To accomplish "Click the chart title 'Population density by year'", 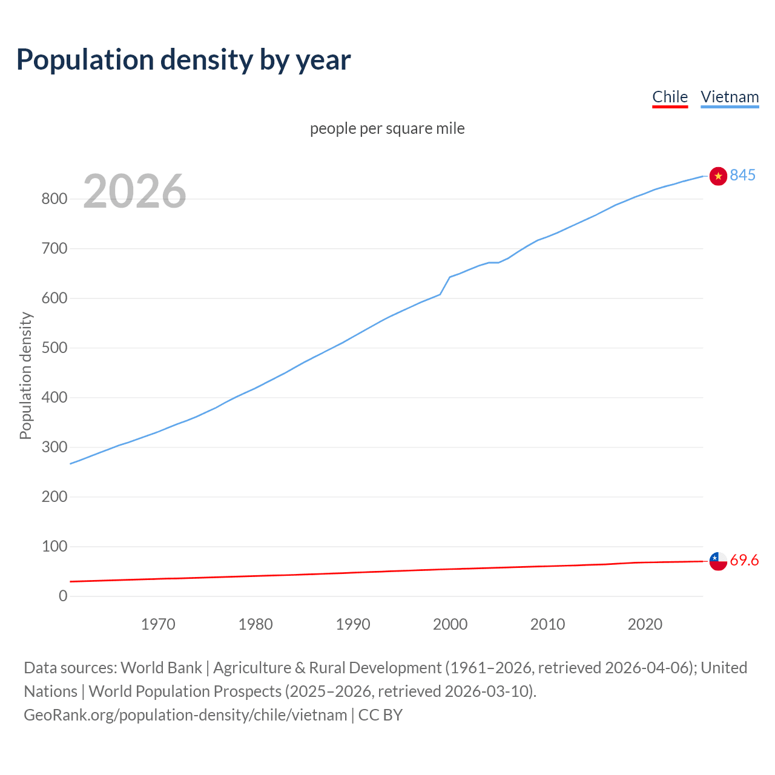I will point(183,60).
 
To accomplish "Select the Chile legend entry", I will point(670,97).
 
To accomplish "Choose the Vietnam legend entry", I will point(730,97).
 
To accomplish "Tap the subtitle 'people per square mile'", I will point(387,129).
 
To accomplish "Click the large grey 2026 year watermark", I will point(134,191).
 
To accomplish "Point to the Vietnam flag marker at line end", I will point(718,176).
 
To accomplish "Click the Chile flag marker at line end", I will point(718,561).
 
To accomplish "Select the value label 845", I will point(743,176).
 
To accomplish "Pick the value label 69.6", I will point(744,561).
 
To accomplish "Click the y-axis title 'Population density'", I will point(25,375).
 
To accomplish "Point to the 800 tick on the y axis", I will point(54,199).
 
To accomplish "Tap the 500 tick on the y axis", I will point(54,348).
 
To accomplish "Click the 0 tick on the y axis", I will point(63,596).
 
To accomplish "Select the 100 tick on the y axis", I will point(54,547).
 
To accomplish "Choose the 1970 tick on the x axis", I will point(158,624).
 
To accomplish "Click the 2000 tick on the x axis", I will point(450,624).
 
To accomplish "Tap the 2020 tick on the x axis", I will point(645,624).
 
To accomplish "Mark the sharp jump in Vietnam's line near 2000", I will point(445,285).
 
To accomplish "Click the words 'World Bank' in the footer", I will point(161,668).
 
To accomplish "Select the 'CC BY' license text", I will point(380,715).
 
